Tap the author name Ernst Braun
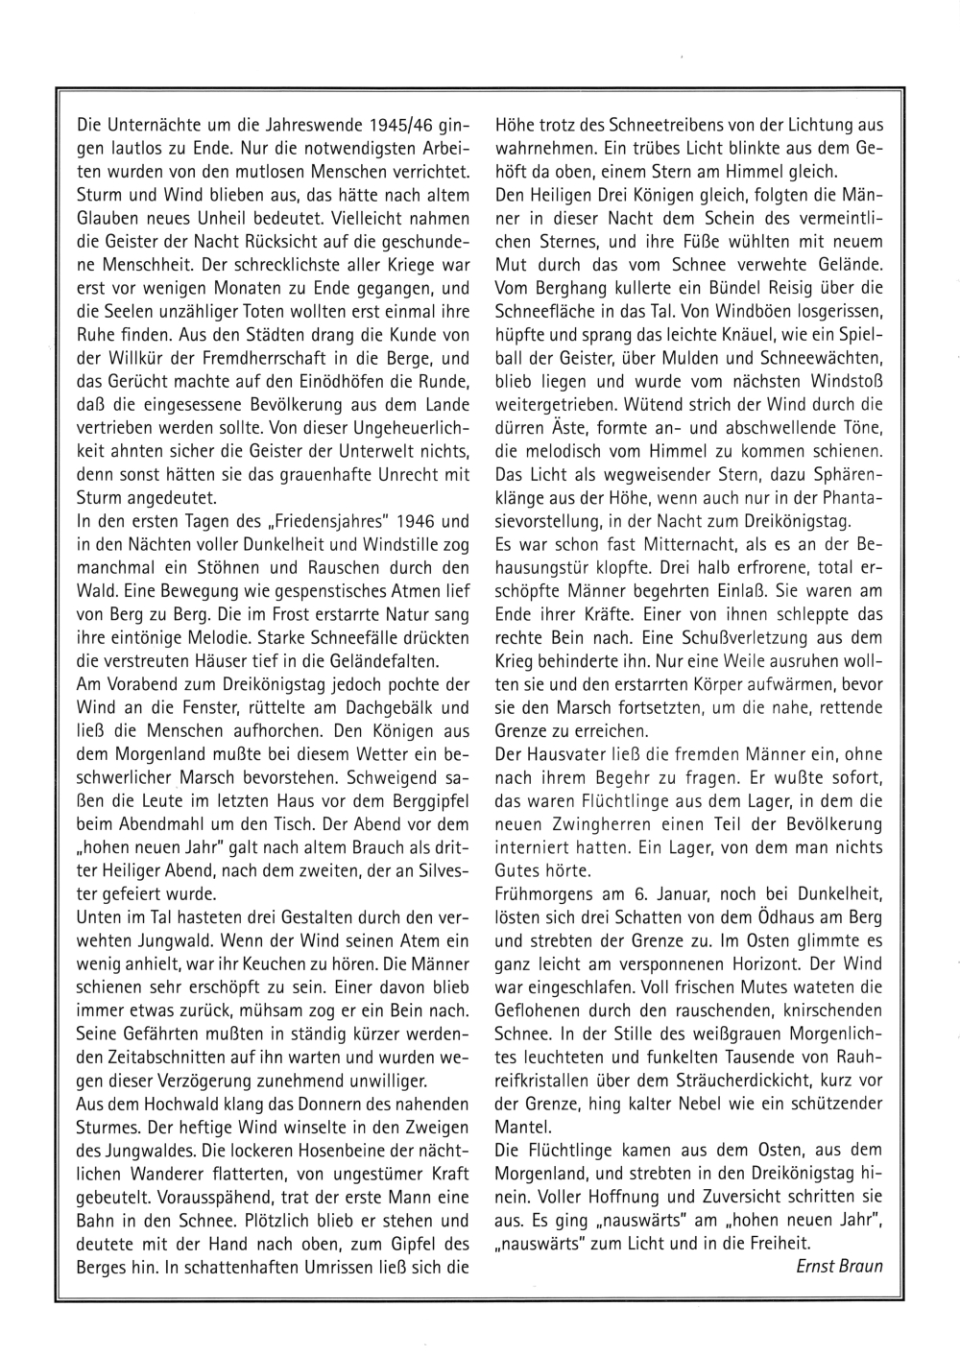(x=839, y=1265)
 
